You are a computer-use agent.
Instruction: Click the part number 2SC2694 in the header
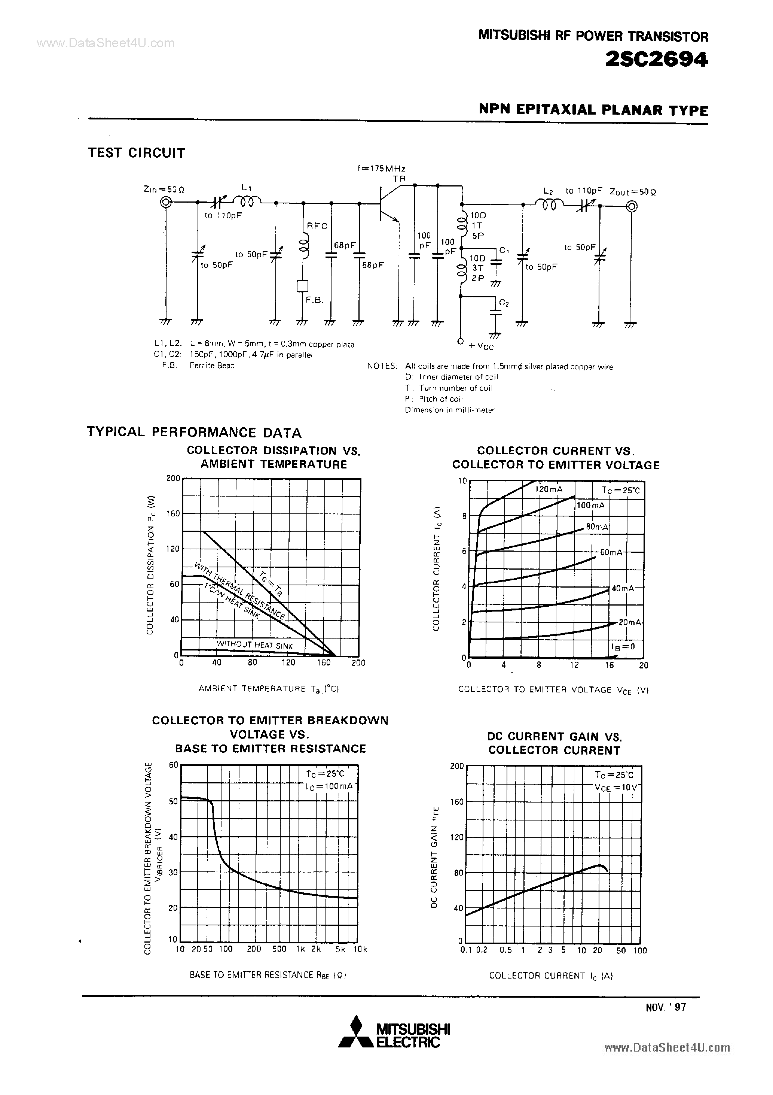click(x=656, y=60)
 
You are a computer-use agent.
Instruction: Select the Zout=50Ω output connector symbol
click(x=632, y=206)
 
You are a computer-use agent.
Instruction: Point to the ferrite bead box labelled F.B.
click(x=302, y=286)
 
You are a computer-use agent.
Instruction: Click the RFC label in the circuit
click(x=317, y=226)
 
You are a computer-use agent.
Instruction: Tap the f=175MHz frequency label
click(x=381, y=169)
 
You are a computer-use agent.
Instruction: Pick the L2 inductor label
click(x=548, y=191)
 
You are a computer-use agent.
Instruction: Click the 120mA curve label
click(x=549, y=489)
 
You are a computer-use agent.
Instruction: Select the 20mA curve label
click(x=630, y=622)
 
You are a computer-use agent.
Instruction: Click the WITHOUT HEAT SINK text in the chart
click(x=254, y=645)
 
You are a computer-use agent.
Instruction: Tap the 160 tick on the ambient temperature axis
click(x=324, y=662)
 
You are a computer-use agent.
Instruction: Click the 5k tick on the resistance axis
click(x=340, y=949)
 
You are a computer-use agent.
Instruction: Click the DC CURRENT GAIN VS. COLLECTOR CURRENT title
click(x=554, y=743)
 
